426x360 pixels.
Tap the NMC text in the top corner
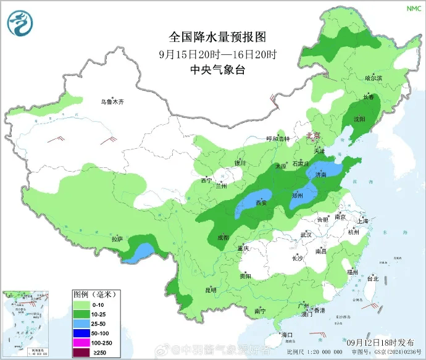click(412, 9)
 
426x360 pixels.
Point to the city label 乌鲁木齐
click(113, 101)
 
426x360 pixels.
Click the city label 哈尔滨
click(374, 78)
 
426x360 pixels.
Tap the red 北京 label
click(314, 136)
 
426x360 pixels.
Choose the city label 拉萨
click(117, 239)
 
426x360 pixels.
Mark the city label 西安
click(261, 203)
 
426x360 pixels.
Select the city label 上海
click(362, 221)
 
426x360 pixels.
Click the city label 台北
click(373, 278)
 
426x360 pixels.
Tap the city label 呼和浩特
click(277, 139)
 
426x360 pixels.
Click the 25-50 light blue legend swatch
click(81, 323)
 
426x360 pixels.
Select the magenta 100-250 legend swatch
click(81, 343)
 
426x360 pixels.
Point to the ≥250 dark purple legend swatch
click(81, 353)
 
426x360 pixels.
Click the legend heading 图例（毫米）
click(96, 293)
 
